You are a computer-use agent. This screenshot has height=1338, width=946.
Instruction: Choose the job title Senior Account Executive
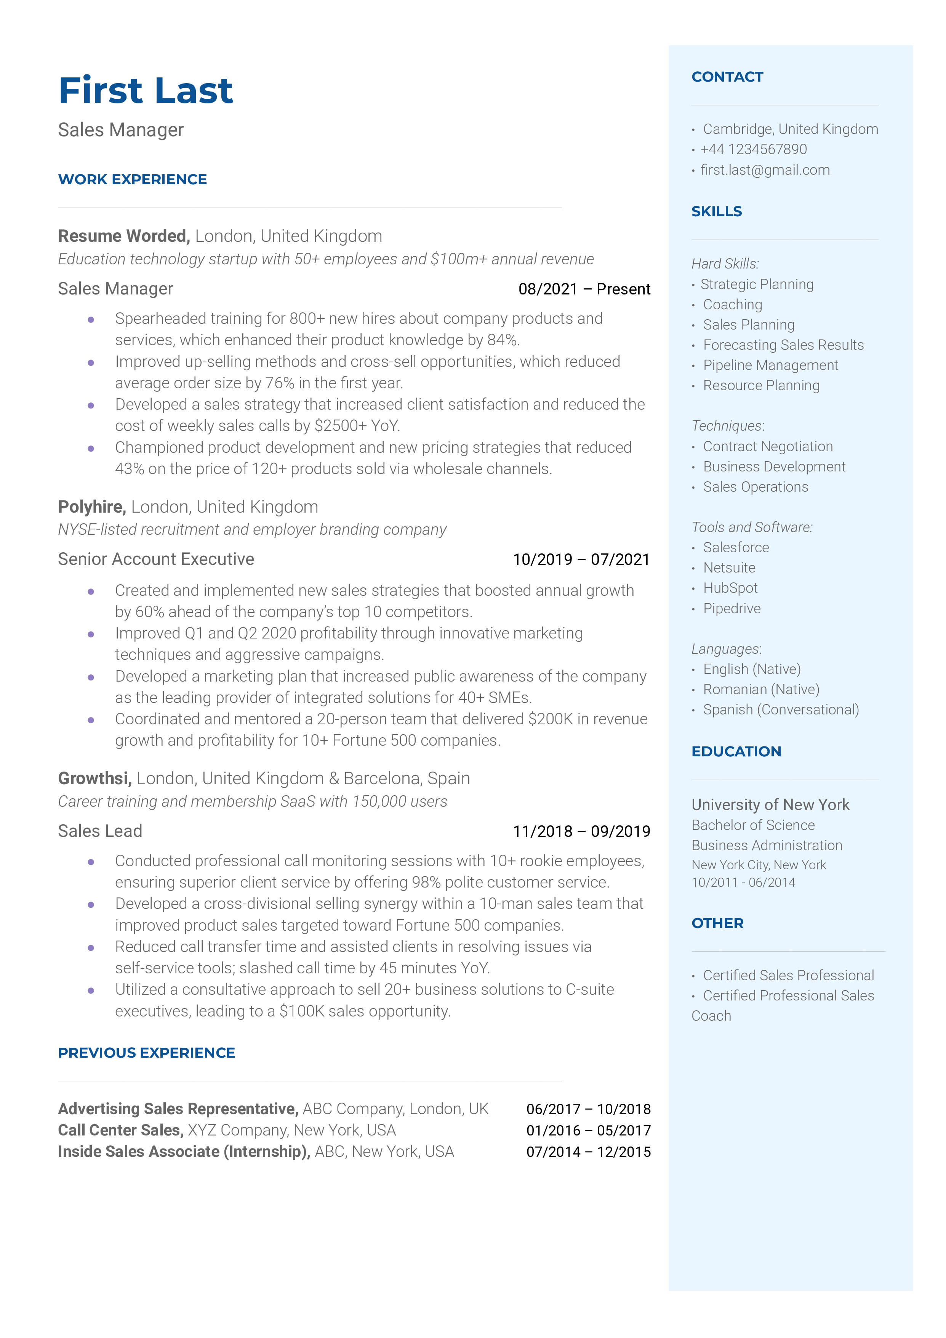point(156,560)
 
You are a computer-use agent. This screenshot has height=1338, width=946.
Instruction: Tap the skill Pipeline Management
point(770,365)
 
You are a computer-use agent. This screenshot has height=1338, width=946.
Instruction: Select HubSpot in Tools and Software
point(730,588)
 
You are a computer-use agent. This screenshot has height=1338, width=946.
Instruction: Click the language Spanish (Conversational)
point(781,710)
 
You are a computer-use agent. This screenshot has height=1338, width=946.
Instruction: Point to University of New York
point(770,805)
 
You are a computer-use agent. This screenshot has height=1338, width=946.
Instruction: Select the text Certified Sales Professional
point(788,976)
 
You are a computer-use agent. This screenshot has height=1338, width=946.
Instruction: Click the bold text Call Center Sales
point(120,1131)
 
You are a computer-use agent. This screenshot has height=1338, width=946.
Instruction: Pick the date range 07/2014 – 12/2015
point(588,1152)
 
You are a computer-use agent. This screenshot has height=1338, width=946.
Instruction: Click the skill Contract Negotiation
point(768,447)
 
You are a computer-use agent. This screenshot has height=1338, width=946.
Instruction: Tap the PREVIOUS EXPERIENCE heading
point(146,1053)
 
